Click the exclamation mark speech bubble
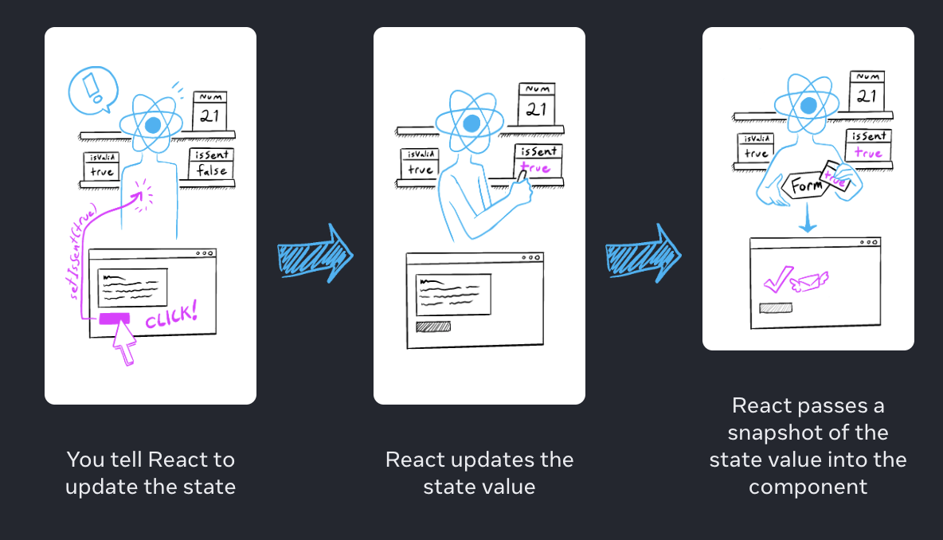coord(92,88)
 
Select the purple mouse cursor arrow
coord(124,343)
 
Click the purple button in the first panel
coord(114,318)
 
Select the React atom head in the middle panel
coord(471,123)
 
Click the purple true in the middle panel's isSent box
coord(534,168)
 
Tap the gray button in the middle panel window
coord(432,326)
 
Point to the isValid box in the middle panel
coord(421,164)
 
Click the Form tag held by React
coord(804,186)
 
